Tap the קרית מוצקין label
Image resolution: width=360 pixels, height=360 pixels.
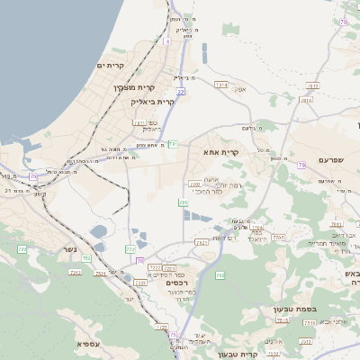click(x=134, y=87)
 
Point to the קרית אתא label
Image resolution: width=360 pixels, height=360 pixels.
click(x=221, y=152)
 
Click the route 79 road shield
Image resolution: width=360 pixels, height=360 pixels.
click(x=301, y=164)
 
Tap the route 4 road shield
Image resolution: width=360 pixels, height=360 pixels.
click(x=167, y=41)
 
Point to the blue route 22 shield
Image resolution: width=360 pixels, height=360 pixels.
click(x=181, y=92)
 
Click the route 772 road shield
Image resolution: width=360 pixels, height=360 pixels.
click(x=130, y=248)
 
